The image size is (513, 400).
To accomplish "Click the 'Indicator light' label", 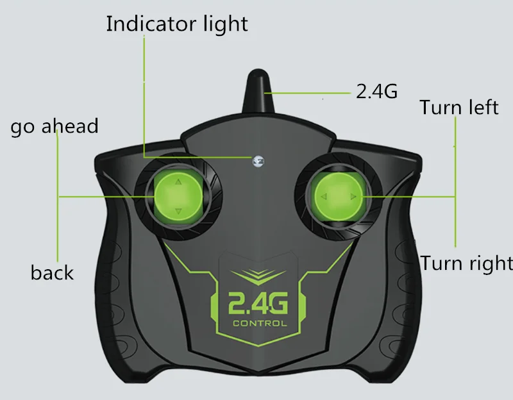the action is (x=176, y=24).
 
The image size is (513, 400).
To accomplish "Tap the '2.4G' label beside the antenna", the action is (x=376, y=92).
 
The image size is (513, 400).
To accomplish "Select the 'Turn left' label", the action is (x=459, y=106).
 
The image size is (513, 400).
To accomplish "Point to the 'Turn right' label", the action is (x=467, y=263).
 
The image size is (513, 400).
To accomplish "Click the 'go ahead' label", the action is (x=55, y=126).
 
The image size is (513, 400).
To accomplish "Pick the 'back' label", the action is (x=52, y=272).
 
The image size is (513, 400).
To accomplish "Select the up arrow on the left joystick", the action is (x=178, y=182).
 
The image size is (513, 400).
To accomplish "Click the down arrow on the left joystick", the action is (x=178, y=210).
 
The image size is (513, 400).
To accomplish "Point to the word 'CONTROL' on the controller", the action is (x=259, y=323).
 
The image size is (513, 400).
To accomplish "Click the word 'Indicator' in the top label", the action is (x=149, y=24).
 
